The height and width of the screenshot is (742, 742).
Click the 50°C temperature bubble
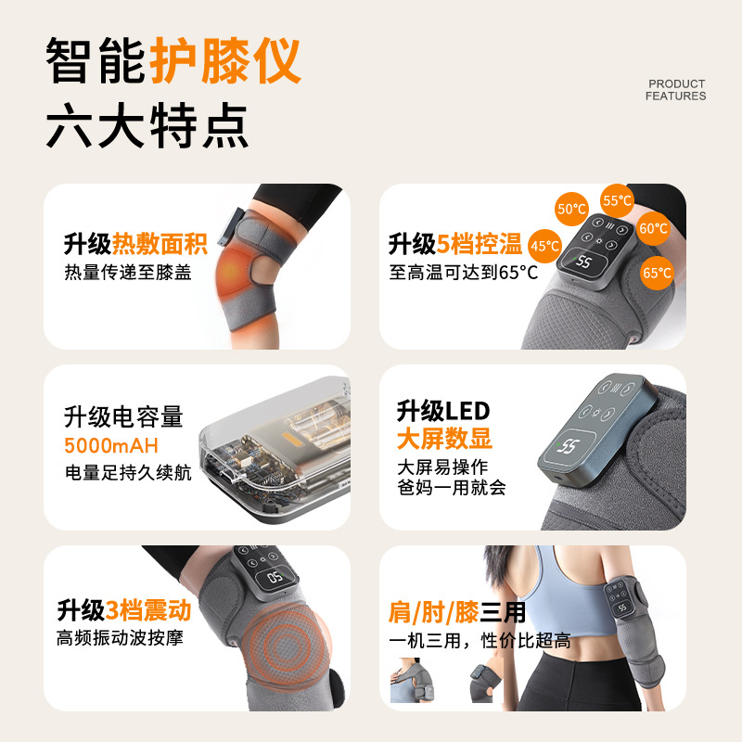point(571,210)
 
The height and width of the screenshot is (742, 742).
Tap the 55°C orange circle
point(618,200)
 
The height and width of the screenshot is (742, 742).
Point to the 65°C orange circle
point(657,273)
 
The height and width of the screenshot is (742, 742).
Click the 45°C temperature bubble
point(544,246)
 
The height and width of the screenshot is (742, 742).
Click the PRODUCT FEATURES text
point(675,90)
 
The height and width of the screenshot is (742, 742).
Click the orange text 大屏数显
point(444,438)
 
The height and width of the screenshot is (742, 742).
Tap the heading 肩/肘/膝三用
point(457,612)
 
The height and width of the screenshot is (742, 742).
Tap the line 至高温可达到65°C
point(464,272)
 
